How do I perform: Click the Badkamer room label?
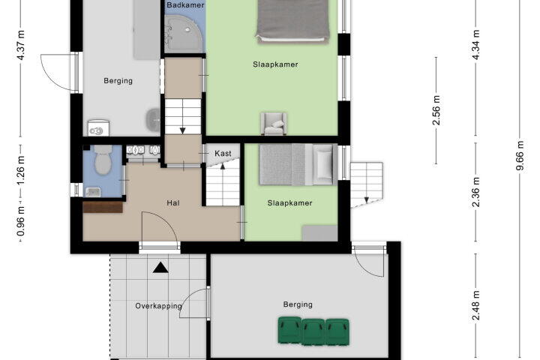[185, 5]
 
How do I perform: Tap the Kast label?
[223, 153]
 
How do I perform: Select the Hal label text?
[173, 203]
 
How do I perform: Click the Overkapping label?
[158, 306]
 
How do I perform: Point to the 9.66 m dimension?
[520, 155]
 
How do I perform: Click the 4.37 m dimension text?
[21, 45]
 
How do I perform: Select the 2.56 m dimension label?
[436, 110]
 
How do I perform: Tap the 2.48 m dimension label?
[475, 305]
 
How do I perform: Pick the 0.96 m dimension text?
[21, 221]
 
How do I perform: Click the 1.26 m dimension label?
[21, 171]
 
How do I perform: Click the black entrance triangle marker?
[160, 268]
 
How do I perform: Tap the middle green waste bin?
[313, 331]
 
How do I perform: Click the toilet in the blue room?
[103, 159]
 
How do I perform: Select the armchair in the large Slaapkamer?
[274, 123]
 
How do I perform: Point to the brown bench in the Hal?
[103, 207]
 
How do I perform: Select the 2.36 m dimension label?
[475, 192]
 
